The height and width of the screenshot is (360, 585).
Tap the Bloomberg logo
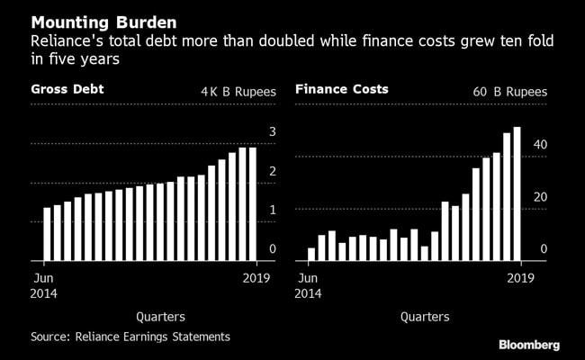(x=529, y=344)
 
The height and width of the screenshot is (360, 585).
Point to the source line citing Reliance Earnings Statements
(x=130, y=337)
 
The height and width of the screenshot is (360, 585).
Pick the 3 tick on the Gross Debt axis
(x=272, y=132)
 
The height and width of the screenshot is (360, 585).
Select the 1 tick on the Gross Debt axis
(x=272, y=210)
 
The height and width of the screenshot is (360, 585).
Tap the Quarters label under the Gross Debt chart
(x=161, y=317)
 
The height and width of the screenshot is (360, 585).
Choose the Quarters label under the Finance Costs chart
(x=425, y=317)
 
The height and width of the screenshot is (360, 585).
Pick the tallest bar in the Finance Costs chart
(x=517, y=193)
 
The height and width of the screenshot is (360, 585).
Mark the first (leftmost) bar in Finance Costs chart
(x=311, y=254)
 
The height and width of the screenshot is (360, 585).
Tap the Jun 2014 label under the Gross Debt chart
(x=44, y=284)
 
